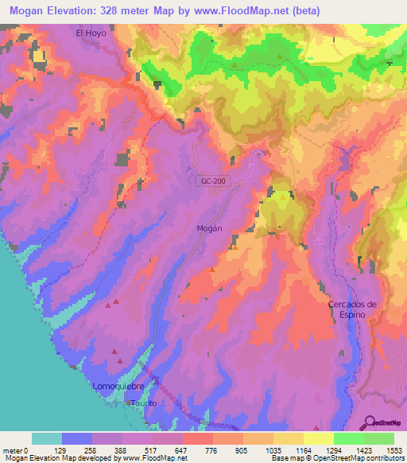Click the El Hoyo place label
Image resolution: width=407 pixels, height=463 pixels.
click(x=90, y=33)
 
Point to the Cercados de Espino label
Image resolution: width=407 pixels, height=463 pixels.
click(x=351, y=309)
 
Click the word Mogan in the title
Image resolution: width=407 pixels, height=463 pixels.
click(x=26, y=11)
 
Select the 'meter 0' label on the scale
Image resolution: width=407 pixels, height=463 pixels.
click(x=14, y=449)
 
